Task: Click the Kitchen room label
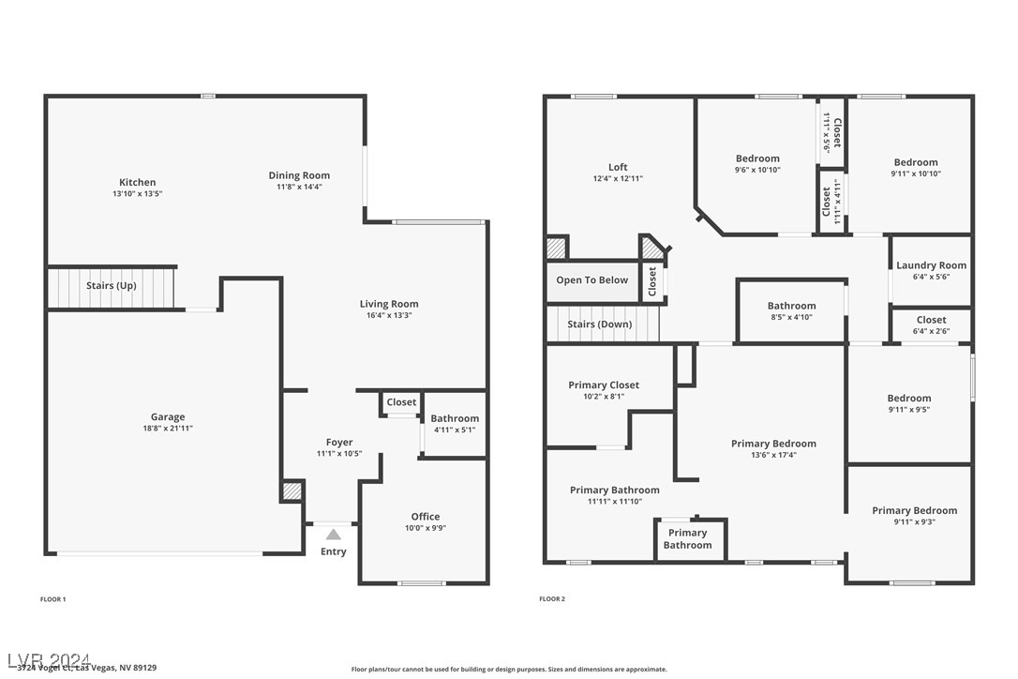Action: [x=137, y=182]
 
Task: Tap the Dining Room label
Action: [x=299, y=175]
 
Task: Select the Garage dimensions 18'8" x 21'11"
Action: [x=167, y=429]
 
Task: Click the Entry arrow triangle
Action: [x=333, y=534]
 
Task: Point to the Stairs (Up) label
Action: [x=112, y=285]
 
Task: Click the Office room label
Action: [x=425, y=517]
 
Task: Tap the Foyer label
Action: [x=339, y=443]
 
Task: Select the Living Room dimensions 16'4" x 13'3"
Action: [x=389, y=316]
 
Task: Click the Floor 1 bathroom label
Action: [x=455, y=418]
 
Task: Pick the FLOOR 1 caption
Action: [x=53, y=598]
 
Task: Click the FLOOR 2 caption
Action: [x=552, y=598]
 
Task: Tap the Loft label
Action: [x=618, y=167]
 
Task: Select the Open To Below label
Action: [x=591, y=279]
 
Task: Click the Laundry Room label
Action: [x=931, y=265]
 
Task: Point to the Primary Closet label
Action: [x=604, y=385]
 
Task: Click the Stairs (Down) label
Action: [x=600, y=324]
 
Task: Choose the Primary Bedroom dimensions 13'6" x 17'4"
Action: [x=773, y=455]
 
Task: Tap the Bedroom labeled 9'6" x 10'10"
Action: [x=756, y=158]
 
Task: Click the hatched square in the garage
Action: [x=292, y=490]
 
